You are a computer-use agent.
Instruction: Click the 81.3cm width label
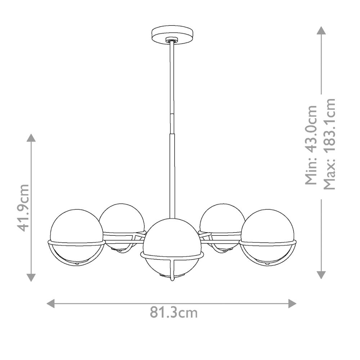click(174, 312)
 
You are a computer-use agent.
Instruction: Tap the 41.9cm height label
click(23, 208)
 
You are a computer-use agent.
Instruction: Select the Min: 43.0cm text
click(311, 145)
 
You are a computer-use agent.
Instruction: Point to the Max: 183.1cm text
click(329, 144)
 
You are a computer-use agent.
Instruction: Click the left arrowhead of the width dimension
click(50, 303)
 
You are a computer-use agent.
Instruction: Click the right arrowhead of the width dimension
click(292, 303)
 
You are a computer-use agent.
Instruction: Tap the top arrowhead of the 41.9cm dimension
click(31, 138)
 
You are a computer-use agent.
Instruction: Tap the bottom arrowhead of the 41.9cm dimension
click(31, 278)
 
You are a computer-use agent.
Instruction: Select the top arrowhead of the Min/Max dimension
click(321, 30)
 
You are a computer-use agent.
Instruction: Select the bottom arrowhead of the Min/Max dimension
click(321, 275)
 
